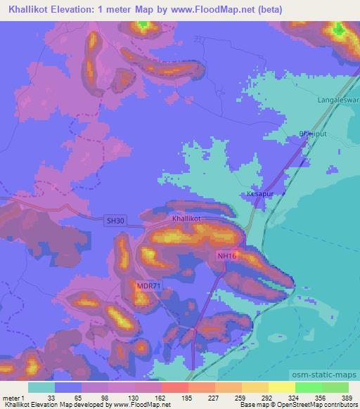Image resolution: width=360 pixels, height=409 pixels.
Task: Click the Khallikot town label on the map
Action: click(186, 219)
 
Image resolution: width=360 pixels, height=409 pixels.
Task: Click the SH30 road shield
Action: click(116, 221)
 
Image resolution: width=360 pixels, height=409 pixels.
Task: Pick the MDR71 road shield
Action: click(150, 285)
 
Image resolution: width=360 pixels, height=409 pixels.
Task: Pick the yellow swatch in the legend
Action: click(281, 387)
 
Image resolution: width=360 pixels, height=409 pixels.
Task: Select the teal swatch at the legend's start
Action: click(41, 387)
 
